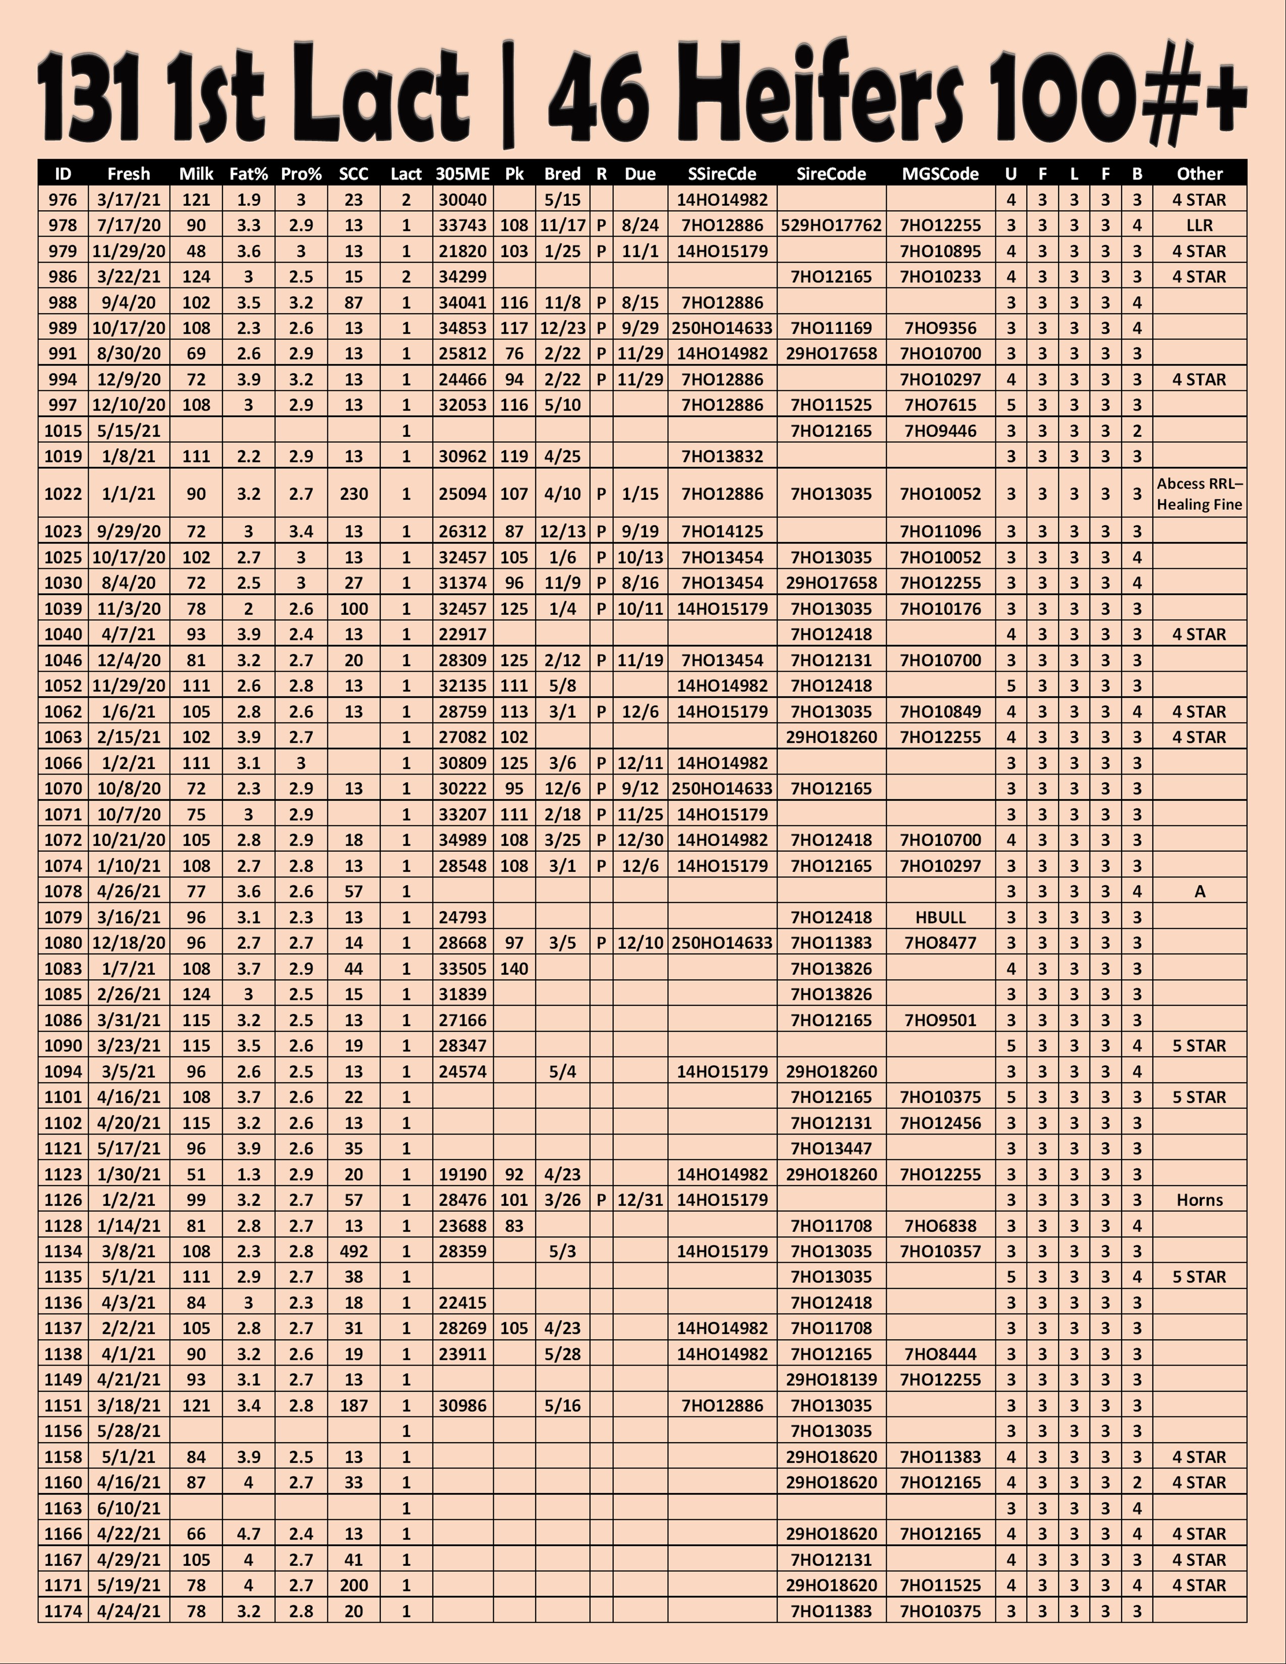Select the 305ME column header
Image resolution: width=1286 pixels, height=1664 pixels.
click(462, 174)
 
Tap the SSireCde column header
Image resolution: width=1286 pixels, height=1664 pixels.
click(722, 174)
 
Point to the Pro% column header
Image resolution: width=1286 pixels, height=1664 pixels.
click(301, 174)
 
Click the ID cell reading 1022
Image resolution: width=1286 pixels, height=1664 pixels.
click(63, 494)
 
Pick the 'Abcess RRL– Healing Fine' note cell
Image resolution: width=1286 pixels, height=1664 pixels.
click(1199, 494)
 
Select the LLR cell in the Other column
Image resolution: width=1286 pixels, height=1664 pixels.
click(1199, 225)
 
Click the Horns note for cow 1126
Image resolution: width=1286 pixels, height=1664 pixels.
click(1199, 1200)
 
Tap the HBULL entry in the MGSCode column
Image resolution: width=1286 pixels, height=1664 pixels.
click(940, 917)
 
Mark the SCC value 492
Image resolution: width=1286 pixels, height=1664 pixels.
click(354, 1251)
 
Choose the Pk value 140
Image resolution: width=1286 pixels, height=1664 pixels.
click(514, 968)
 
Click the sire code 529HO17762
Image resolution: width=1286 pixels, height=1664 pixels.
click(831, 225)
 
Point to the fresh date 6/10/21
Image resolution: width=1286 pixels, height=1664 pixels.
click(128, 1508)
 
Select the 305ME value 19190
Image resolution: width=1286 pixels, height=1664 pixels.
click(462, 1174)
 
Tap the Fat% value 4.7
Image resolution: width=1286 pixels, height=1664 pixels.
click(248, 1534)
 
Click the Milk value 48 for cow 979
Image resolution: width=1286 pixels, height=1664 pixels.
click(196, 252)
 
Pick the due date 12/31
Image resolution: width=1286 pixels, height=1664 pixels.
click(640, 1200)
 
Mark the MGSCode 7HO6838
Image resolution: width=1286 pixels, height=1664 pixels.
click(940, 1226)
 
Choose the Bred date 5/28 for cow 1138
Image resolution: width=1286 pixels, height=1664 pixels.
click(562, 1354)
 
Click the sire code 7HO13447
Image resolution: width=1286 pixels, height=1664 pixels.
click(831, 1148)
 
